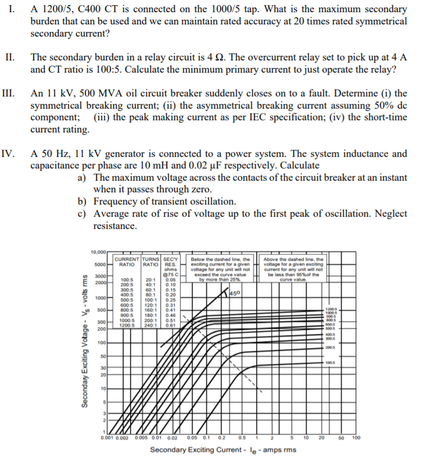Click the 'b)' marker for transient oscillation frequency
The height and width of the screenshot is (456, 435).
(83, 202)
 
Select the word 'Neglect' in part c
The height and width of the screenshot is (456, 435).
(390, 213)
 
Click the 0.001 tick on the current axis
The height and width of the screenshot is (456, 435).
(106, 437)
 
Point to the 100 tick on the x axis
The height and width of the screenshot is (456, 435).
(356, 437)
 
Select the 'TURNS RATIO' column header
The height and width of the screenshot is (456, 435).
(152, 261)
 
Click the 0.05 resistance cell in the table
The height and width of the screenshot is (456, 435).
(170, 279)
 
